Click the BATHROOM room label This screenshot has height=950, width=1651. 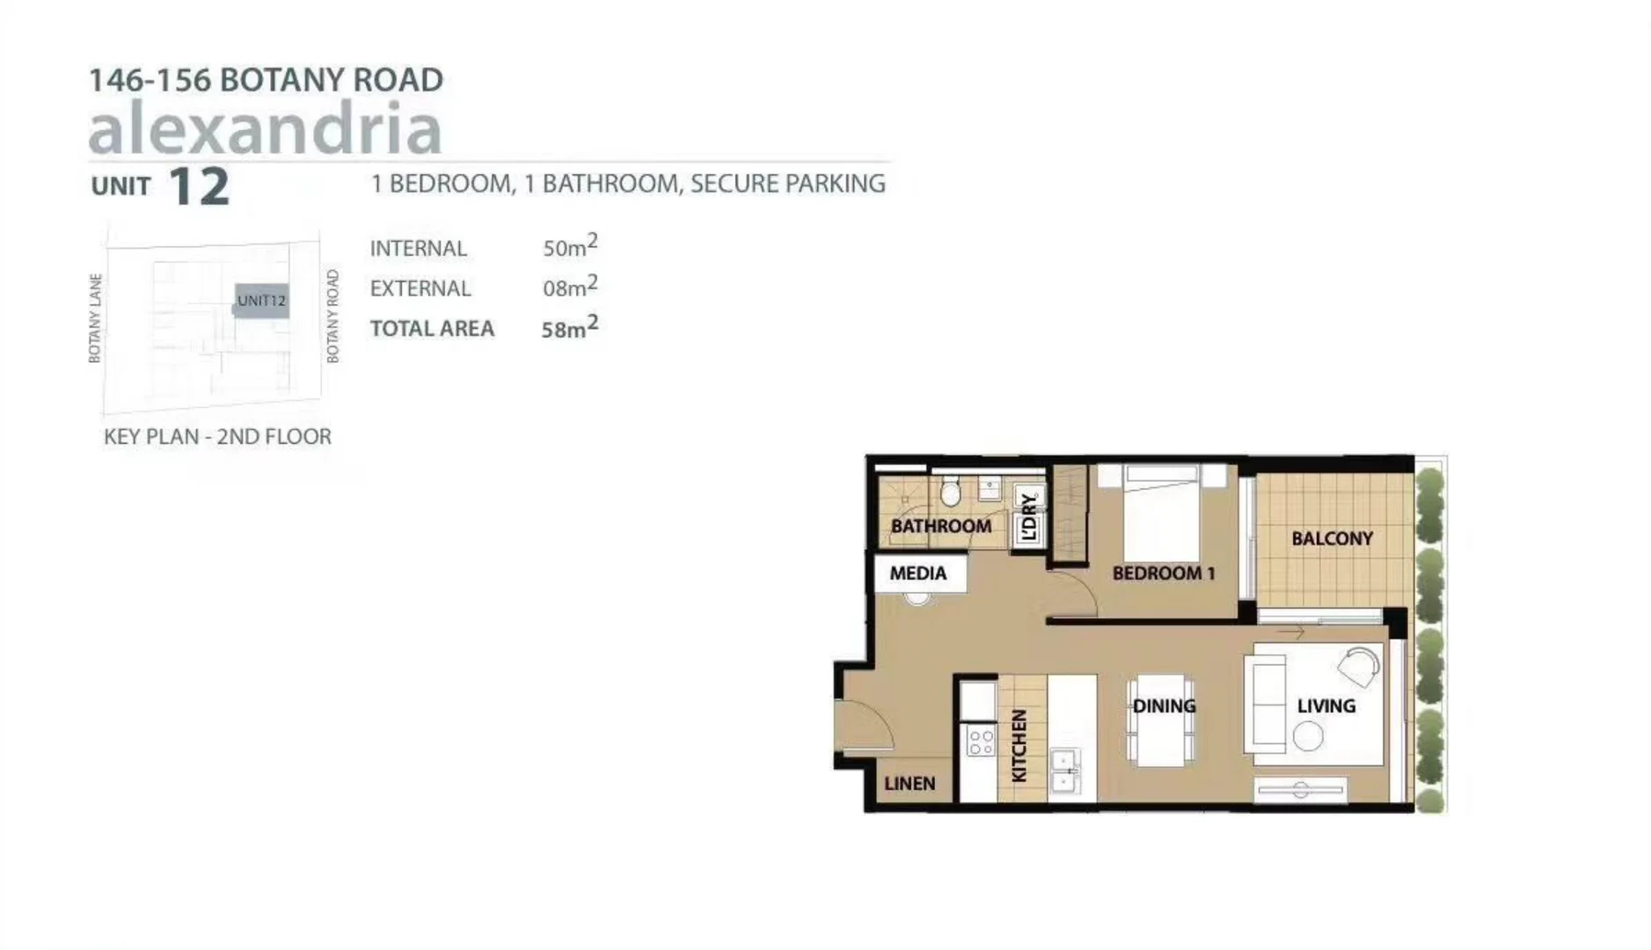click(x=940, y=526)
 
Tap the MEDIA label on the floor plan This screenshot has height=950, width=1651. click(x=917, y=574)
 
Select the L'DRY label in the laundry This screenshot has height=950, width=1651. click(x=1029, y=517)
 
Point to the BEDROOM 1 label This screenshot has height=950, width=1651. click(x=1163, y=574)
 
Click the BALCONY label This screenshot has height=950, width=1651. click(x=1332, y=538)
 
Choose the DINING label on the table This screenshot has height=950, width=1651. click(x=1164, y=705)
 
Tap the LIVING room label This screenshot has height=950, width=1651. click(x=1326, y=705)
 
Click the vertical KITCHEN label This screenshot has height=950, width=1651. click(x=1019, y=746)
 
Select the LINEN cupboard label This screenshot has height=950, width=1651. click(x=910, y=783)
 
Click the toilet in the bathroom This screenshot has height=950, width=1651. click(x=950, y=493)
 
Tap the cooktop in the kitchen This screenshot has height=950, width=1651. click(x=980, y=742)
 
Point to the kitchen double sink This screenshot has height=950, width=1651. click(x=1065, y=771)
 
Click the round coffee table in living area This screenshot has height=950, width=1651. click(x=1308, y=735)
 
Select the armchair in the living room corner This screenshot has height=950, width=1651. click(x=1361, y=666)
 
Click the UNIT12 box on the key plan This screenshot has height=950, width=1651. click(x=261, y=301)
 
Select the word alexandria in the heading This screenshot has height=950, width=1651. click(x=265, y=128)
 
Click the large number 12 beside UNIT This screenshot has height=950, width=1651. click(x=198, y=186)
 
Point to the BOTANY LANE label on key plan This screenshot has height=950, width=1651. click(x=95, y=318)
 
